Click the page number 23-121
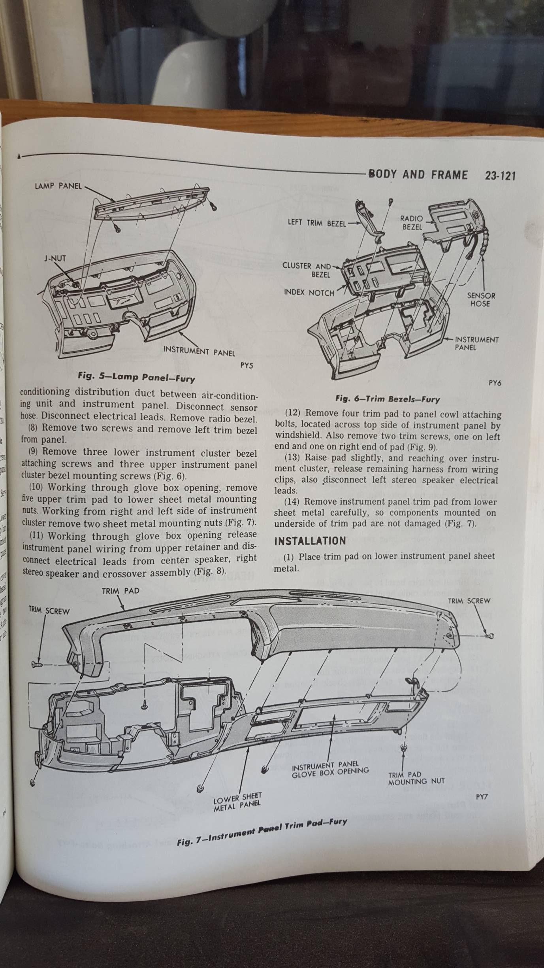[x=500, y=176]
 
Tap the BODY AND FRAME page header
[x=418, y=175]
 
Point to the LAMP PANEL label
[x=58, y=186]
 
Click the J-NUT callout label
[x=55, y=259]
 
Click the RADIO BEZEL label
[x=412, y=223]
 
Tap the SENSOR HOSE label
[x=480, y=299]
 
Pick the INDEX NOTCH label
[x=309, y=293]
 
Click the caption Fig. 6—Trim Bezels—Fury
[x=388, y=399]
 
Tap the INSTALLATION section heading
[x=310, y=541]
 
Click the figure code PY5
[x=247, y=366]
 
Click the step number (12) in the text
[x=293, y=414]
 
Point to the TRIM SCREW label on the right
[x=469, y=601]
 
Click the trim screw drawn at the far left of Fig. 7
[x=37, y=665]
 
